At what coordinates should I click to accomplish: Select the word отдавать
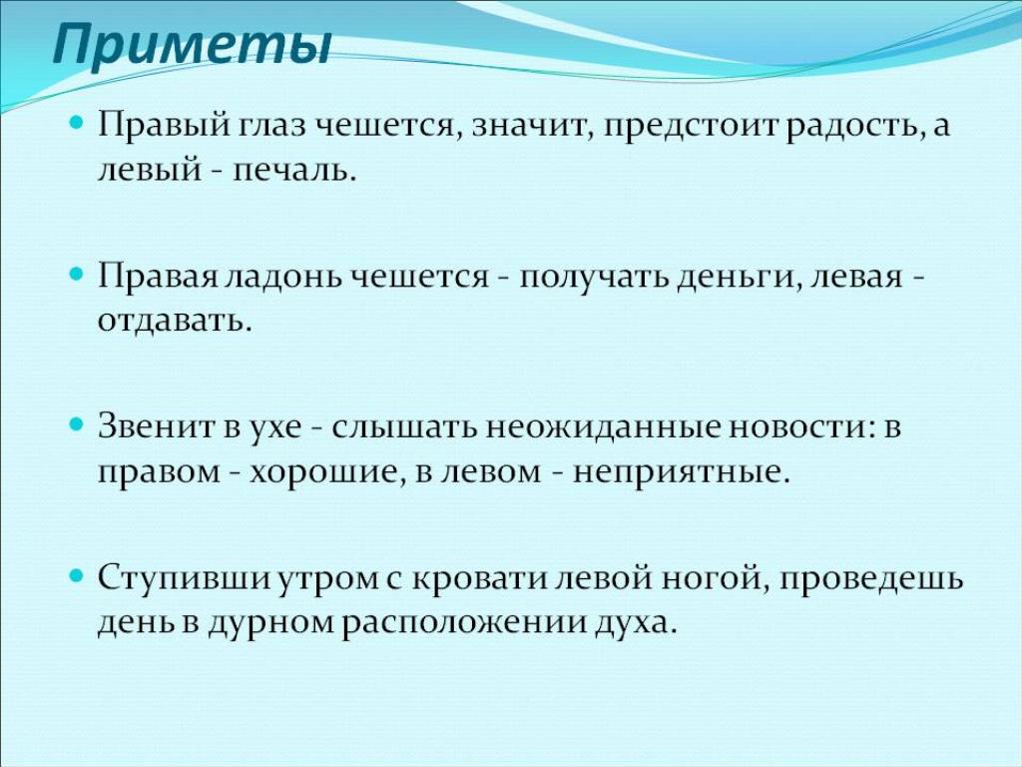tap(174, 321)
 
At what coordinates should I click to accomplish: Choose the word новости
tap(801, 427)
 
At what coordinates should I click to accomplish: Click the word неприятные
tap(681, 472)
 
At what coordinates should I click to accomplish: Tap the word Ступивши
tap(185, 579)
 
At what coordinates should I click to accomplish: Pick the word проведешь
tap(869, 579)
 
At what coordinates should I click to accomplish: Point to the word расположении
tap(464, 623)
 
